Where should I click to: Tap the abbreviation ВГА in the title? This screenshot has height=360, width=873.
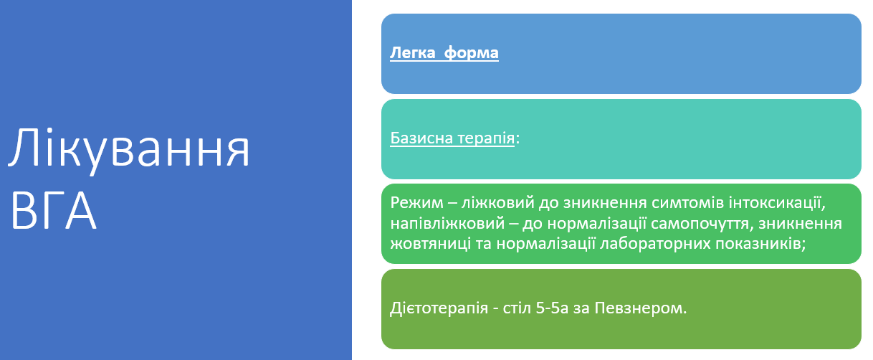pyautogui.click(x=54, y=209)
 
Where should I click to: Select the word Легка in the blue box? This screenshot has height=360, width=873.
pyautogui.click(x=411, y=53)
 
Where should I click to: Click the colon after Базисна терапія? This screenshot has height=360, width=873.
pyautogui.click(x=517, y=139)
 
